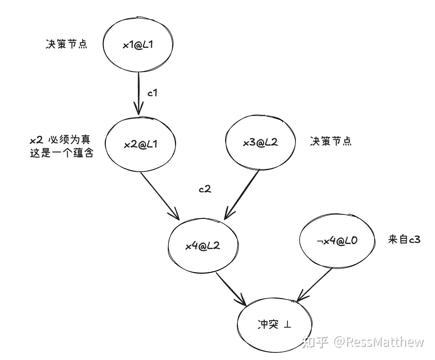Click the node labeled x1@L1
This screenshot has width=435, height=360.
pyautogui.click(x=138, y=45)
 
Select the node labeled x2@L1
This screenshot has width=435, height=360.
pyautogui.click(x=140, y=145)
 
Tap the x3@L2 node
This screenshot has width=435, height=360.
pyautogui.click(x=260, y=142)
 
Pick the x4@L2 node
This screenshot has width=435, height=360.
pyautogui.click(x=203, y=246)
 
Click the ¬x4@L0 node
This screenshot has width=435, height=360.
pyautogui.click(x=337, y=241)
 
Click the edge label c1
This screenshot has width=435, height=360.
pyautogui.click(x=152, y=93)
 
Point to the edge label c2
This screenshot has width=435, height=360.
pyautogui.click(x=205, y=189)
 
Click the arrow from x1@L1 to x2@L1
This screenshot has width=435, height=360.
pyautogui.click(x=138, y=93)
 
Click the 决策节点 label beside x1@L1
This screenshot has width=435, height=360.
pyautogui.click(x=66, y=44)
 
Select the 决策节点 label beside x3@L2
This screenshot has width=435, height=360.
pyautogui.click(x=331, y=141)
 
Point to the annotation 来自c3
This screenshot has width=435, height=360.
pyautogui.click(x=404, y=239)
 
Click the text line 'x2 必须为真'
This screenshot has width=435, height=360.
pyautogui.click(x=60, y=140)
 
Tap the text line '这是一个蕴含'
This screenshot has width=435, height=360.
pyautogui.click(x=62, y=153)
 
